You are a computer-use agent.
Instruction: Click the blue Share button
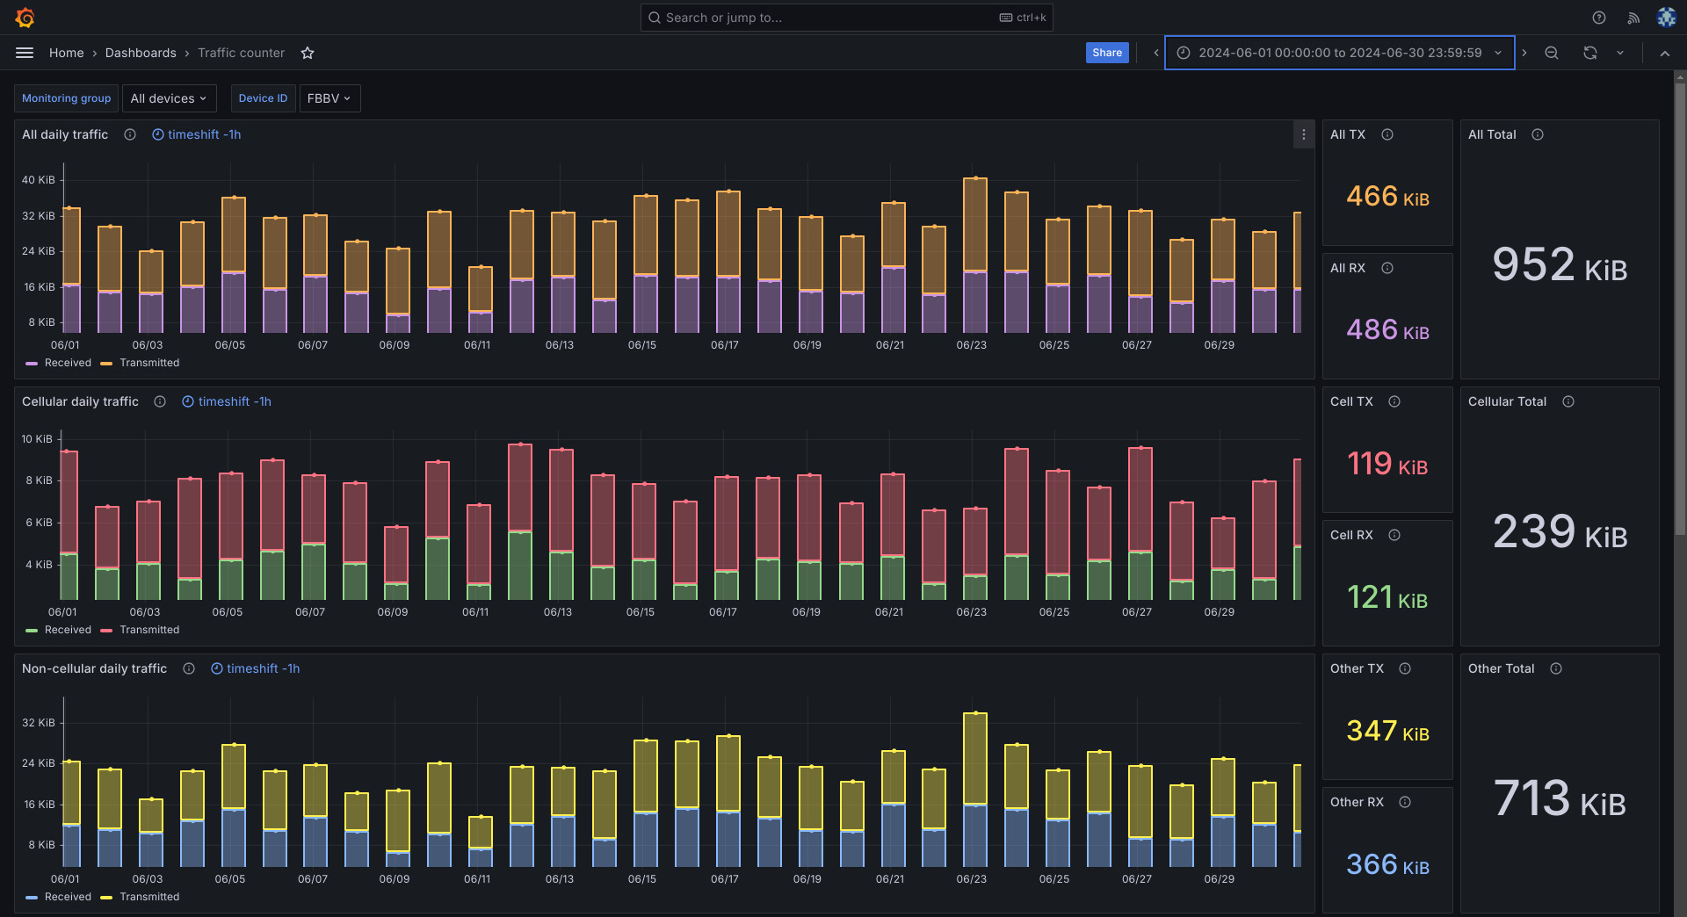pyautogui.click(x=1106, y=53)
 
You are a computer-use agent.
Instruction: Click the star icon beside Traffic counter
pyautogui.click(x=308, y=53)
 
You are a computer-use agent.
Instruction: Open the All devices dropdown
pyautogui.click(x=169, y=98)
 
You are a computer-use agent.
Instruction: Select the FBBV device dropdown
pyautogui.click(x=329, y=98)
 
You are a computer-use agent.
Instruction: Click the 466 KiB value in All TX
pyautogui.click(x=1387, y=196)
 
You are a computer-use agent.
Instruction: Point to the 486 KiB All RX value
pyautogui.click(x=1387, y=330)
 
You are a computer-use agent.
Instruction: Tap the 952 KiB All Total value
pyautogui.click(x=1560, y=265)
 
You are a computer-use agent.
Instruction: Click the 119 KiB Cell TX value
pyautogui.click(x=1387, y=464)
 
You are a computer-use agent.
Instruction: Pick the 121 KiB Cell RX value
pyautogui.click(x=1387, y=598)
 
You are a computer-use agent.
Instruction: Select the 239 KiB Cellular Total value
pyautogui.click(x=1560, y=532)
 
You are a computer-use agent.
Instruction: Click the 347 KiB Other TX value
pyautogui.click(x=1387, y=732)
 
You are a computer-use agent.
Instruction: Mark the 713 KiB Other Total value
pyautogui.click(x=1560, y=799)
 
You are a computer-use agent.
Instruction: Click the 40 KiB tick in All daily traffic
pyautogui.click(x=38, y=180)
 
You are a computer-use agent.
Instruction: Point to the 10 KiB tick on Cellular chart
pyautogui.click(x=37, y=439)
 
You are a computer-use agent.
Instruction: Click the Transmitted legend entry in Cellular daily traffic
pyautogui.click(x=148, y=630)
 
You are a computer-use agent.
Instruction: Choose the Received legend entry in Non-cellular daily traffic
pyautogui.click(x=67, y=897)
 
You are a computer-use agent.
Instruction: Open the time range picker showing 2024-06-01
pyautogui.click(x=1339, y=53)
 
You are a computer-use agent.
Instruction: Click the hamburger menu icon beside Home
pyautogui.click(x=25, y=53)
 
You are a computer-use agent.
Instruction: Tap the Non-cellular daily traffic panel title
pyautogui.click(x=94, y=668)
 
